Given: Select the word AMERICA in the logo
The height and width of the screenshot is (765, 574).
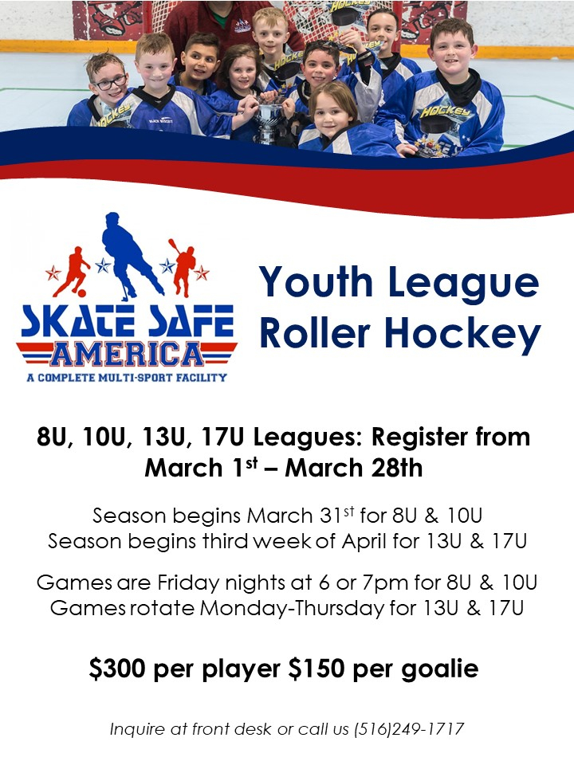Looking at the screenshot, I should click(127, 351).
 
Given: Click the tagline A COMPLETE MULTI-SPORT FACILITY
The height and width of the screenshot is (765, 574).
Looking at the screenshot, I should click(127, 377).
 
